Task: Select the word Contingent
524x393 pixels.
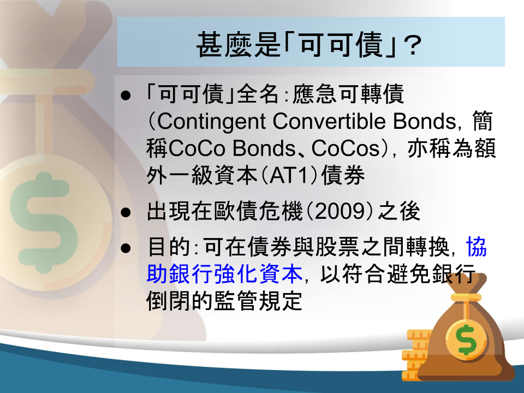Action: click(211, 122)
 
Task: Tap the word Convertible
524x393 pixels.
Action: click(330, 121)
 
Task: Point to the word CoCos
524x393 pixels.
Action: click(345, 148)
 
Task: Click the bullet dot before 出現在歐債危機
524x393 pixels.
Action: click(126, 212)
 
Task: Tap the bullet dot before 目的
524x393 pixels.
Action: click(126, 248)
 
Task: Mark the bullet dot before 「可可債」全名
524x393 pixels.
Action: click(126, 95)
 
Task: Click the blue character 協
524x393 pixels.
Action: click(476, 247)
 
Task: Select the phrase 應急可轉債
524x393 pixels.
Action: click(348, 94)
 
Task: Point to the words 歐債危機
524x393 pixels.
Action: click(258, 212)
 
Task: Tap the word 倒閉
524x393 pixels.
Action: click(168, 301)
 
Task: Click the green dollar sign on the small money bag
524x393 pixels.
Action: click(466, 339)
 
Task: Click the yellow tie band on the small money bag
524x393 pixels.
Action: click(466, 297)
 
